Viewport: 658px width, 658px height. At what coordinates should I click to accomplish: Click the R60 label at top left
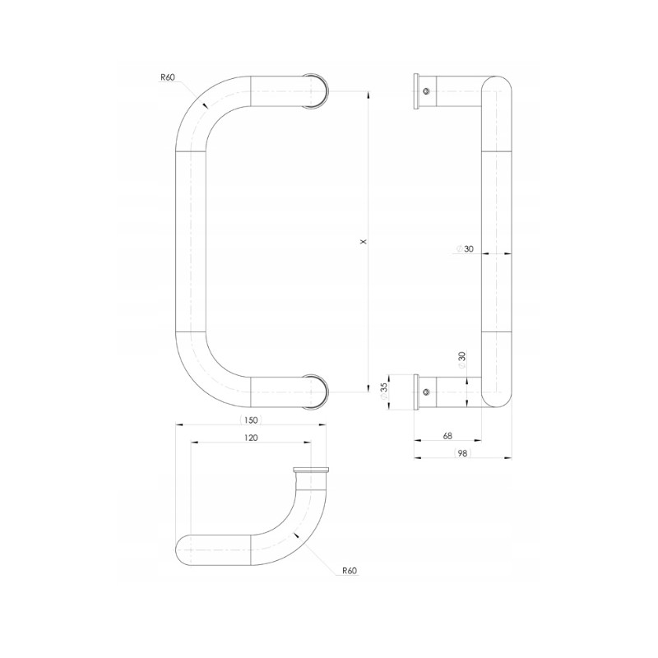pyautogui.click(x=168, y=77)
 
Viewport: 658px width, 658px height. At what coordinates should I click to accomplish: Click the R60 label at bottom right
pyautogui.click(x=349, y=571)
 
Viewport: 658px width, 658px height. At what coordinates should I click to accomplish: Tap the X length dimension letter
pyautogui.click(x=364, y=241)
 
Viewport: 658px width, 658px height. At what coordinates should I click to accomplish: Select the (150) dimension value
pyautogui.click(x=251, y=420)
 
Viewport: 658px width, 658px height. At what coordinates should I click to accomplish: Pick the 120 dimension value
pyautogui.click(x=251, y=438)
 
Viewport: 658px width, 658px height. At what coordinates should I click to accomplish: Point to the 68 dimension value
pyautogui.click(x=447, y=436)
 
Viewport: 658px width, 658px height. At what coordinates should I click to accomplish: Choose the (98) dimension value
pyautogui.click(x=462, y=453)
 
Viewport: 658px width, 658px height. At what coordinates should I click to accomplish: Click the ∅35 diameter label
pyautogui.click(x=383, y=392)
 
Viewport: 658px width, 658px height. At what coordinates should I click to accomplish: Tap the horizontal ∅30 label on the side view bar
pyautogui.click(x=465, y=249)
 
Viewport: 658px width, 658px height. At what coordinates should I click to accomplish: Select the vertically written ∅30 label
pyautogui.click(x=462, y=359)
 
